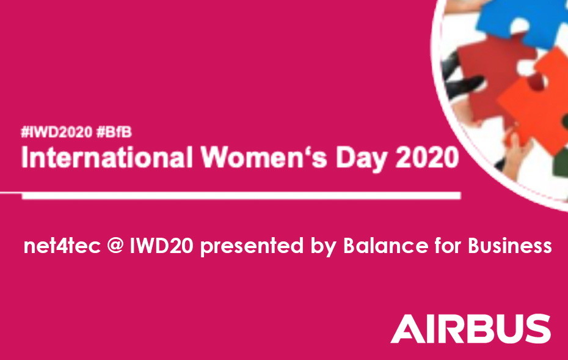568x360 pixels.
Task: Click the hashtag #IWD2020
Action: tap(57, 132)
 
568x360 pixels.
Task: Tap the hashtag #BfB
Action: tap(114, 132)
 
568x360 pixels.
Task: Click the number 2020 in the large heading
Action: tap(427, 157)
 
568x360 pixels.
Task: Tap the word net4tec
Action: tap(62, 246)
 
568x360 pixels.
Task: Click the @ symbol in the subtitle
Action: tap(116, 246)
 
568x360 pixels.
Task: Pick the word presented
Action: tap(252, 246)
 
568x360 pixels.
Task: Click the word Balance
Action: tap(386, 246)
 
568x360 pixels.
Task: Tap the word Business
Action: tap(510, 246)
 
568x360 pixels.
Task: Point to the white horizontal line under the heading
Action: tap(241, 196)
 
